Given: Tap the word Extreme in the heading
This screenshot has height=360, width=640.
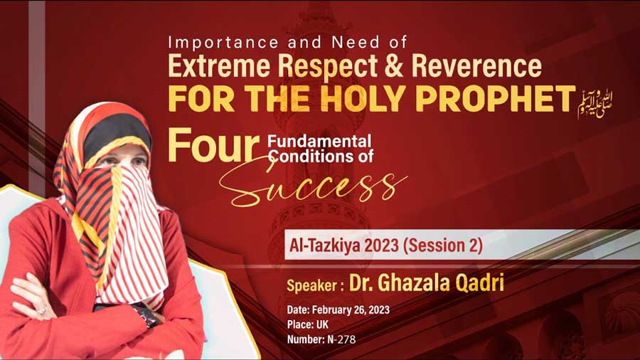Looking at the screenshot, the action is (x=219, y=65).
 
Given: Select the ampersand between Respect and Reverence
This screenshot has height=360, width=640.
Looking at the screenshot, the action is (x=393, y=65).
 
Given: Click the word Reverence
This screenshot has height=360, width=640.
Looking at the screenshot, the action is (x=476, y=65).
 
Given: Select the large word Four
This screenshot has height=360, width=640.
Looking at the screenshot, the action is (x=213, y=145).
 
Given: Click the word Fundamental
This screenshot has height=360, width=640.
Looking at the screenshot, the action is (x=319, y=141).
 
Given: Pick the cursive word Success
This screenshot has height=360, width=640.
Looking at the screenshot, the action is (x=312, y=186).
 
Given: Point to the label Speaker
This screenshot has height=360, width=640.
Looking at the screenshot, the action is (x=312, y=285).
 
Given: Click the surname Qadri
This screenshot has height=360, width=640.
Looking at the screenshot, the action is (x=479, y=282).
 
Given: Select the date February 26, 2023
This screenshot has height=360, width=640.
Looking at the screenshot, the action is (x=351, y=309).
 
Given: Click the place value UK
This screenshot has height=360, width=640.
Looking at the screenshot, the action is (x=322, y=325).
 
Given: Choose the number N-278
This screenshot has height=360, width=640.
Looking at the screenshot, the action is (x=341, y=339).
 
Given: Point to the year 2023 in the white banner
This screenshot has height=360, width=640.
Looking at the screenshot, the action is (x=381, y=245).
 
